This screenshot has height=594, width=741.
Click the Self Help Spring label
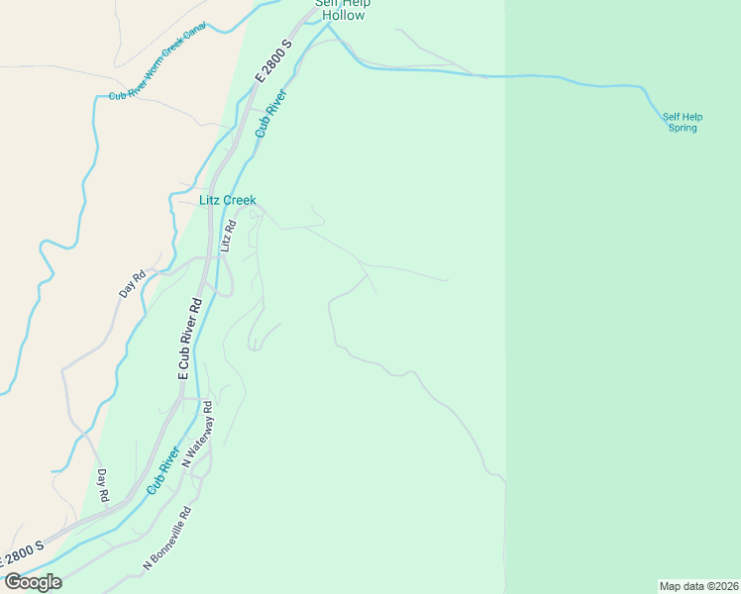click(683, 122)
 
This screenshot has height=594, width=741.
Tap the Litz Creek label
click(227, 200)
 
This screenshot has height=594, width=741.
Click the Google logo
click(33, 582)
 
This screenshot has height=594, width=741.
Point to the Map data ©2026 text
click(699, 586)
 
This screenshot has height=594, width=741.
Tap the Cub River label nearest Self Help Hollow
click(270, 113)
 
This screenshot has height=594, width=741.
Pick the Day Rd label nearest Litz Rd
click(132, 284)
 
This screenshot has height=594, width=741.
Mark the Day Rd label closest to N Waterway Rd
click(102, 482)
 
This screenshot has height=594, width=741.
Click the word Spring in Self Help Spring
click(683, 128)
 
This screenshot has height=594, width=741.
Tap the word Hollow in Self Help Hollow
click(342, 15)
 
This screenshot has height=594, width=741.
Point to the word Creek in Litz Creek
click(240, 200)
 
